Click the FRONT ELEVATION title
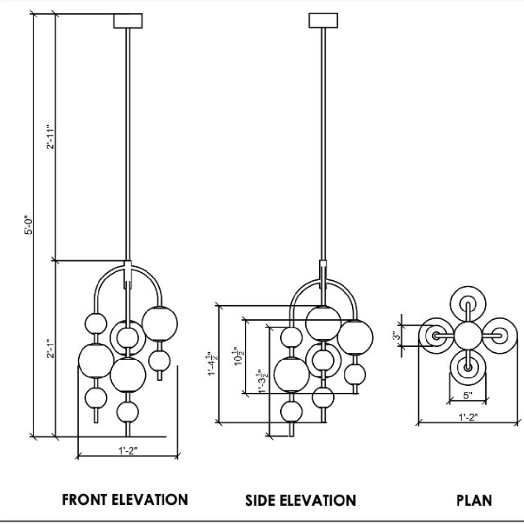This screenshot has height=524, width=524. [125, 499]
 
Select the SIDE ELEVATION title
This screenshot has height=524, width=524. [300, 500]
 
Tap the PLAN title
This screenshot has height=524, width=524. [474, 500]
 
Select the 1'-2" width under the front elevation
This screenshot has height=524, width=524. [128, 450]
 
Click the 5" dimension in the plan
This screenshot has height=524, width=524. [468, 395]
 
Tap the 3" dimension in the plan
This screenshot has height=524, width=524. [396, 335]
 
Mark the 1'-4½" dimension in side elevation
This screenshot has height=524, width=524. [212, 363]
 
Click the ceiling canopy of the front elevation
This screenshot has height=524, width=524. [128, 20]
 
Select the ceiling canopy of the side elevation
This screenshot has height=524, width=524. [323, 20]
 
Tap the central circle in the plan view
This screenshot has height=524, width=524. [468, 335]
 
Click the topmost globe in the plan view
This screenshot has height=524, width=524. [468, 304]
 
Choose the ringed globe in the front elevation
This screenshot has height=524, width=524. [128, 338]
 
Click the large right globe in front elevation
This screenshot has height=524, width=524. [160, 323]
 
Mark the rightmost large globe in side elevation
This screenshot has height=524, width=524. [355, 337]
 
